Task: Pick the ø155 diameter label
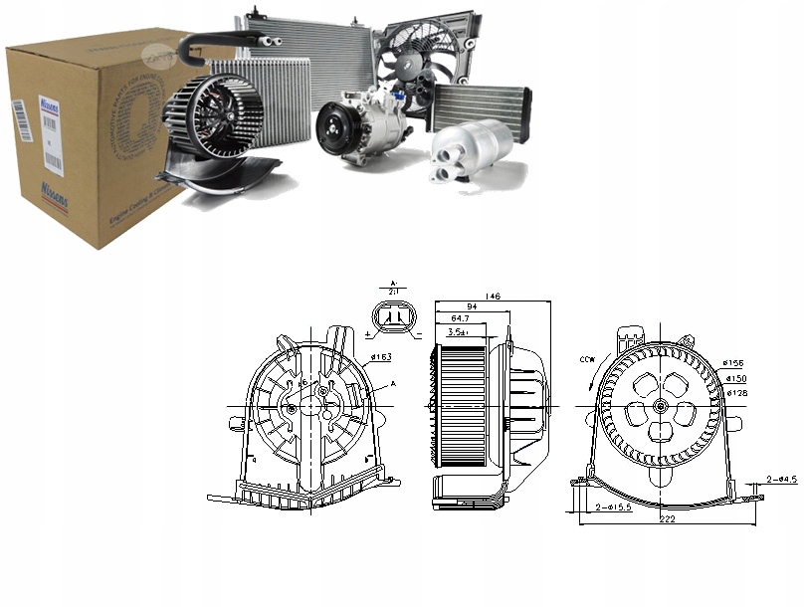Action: click(735, 363)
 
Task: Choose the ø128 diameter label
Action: click(736, 393)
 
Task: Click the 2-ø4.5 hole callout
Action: click(782, 480)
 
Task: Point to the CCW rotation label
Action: click(587, 359)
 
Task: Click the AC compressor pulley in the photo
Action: click(334, 131)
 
